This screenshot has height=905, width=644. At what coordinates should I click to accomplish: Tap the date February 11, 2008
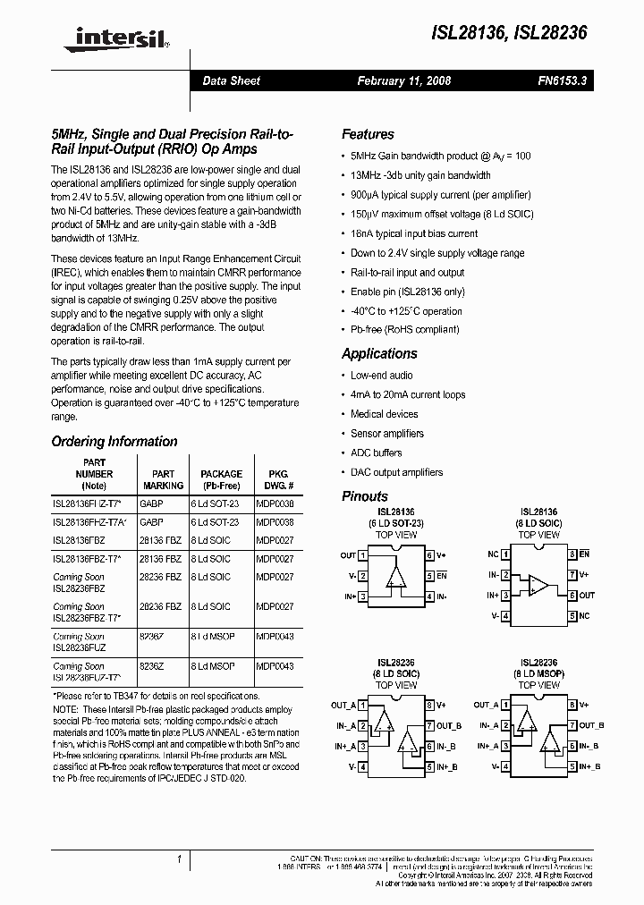(x=404, y=80)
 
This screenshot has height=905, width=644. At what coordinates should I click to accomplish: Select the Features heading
(x=368, y=134)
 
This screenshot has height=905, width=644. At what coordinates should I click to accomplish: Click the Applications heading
(x=379, y=353)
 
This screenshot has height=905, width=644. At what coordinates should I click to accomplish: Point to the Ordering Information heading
(x=114, y=441)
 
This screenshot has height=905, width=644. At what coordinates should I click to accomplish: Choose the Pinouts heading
(x=365, y=495)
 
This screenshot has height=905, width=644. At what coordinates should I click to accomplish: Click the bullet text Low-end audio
(x=382, y=376)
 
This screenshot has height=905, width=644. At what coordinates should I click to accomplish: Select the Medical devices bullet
(x=384, y=414)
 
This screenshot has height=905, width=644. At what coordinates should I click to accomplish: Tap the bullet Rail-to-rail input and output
(x=407, y=273)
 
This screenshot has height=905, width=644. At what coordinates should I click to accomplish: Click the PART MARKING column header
(x=163, y=479)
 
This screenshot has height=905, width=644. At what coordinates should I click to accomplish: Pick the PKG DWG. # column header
(x=275, y=479)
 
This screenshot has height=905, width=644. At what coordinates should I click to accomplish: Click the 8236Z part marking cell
(x=152, y=666)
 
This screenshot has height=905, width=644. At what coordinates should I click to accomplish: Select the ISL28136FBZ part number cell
(x=79, y=540)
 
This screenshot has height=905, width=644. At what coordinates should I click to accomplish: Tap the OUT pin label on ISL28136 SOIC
(x=587, y=595)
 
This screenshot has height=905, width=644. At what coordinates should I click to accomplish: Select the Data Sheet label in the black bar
(x=231, y=80)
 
